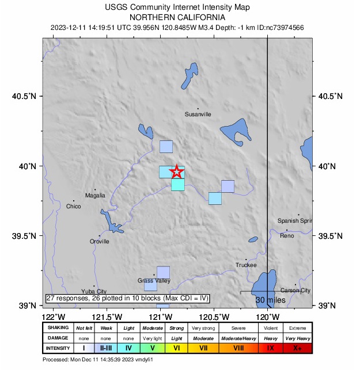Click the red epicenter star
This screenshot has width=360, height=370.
tap(176, 171)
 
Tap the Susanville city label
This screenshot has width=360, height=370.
tap(198, 114)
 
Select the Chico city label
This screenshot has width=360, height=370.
tap(74, 206)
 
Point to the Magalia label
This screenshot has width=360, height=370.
tap(95, 196)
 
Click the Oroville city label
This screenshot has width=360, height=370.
tap(100, 242)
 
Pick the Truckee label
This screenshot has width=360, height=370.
tap(246, 265)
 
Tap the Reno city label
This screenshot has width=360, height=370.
tap(287, 236)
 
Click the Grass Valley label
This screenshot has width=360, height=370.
tap(154, 281)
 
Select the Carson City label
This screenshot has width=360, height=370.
tap(295, 291)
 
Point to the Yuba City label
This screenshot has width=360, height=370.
tap(94, 291)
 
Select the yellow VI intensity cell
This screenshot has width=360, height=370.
tap(177, 348)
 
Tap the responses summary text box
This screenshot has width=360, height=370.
tap(127, 298)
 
